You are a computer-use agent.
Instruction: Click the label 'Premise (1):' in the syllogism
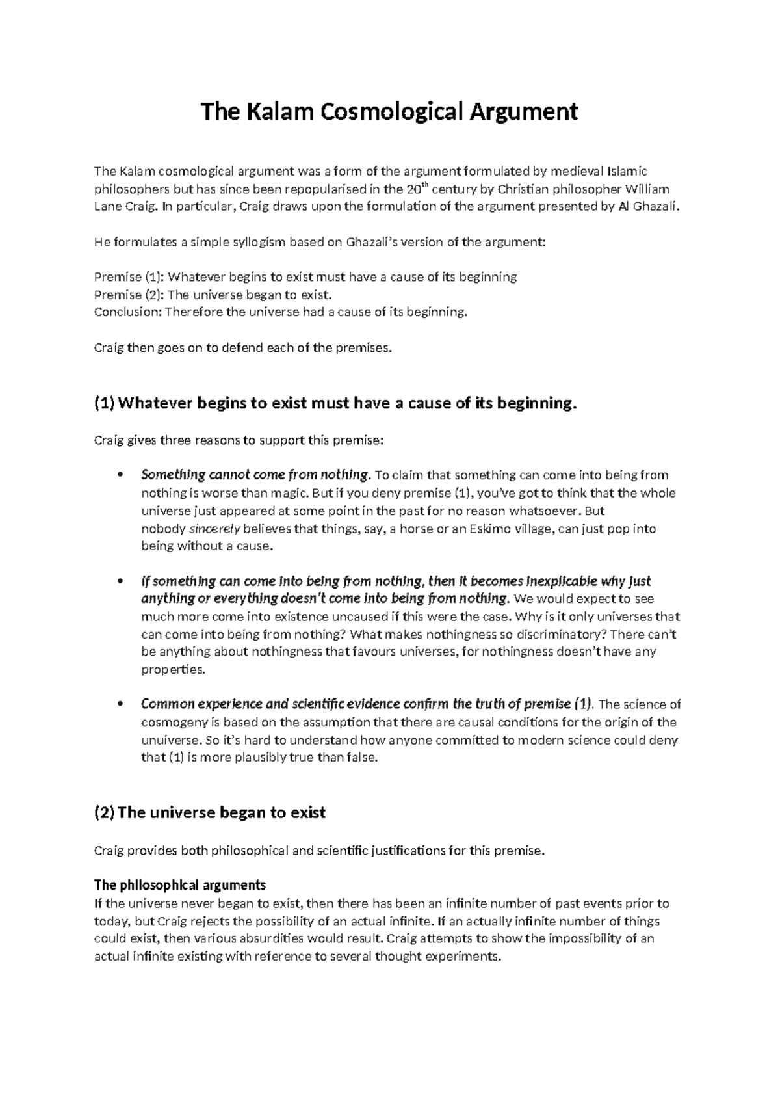click(x=129, y=277)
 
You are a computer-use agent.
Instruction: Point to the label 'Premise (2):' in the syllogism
click(x=129, y=295)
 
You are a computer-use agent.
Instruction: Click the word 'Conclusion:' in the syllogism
click(x=128, y=312)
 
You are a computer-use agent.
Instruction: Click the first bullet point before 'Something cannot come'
click(x=118, y=475)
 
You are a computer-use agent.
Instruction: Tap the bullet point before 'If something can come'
click(x=118, y=581)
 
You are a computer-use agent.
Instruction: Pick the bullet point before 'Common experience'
click(x=118, y=704)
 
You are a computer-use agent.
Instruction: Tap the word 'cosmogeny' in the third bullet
click(x=171, y=723)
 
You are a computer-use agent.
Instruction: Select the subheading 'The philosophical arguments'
click(x=180, y=884)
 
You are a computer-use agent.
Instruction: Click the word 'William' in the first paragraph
click(x=647, y=189)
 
